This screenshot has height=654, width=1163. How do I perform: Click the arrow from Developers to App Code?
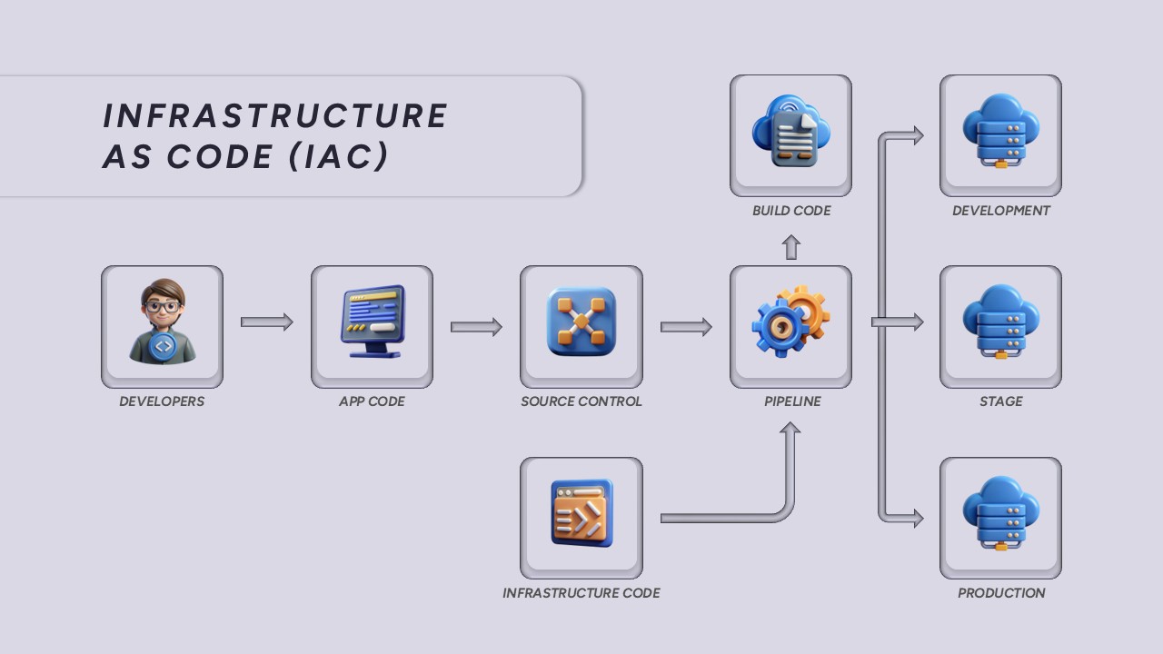pos(266,322)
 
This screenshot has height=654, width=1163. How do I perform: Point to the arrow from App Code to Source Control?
pos(476,327)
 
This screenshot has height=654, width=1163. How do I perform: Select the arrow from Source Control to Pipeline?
pos(686,327)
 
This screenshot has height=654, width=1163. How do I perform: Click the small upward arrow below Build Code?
pos(791,247)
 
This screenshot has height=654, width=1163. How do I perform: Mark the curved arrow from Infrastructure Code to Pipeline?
pos(727,518)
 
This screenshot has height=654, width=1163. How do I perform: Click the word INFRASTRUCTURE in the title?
pos(275,116)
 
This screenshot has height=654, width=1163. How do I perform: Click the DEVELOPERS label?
pos(162,401)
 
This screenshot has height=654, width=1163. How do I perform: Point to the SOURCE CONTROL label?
pos(581,401)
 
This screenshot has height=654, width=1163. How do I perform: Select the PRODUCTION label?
pos(1001,593)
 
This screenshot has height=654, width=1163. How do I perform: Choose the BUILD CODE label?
pos(791,211)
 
